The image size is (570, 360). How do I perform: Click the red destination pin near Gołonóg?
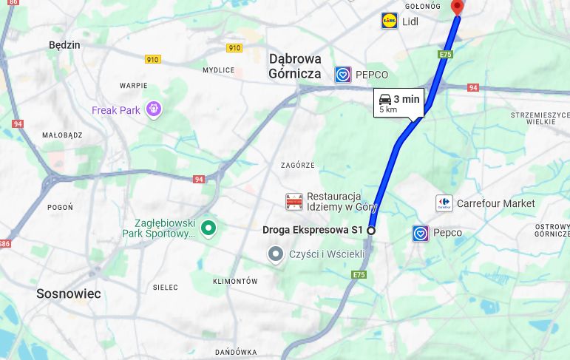coord(458,7)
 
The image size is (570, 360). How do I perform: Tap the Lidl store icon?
coord(390,21)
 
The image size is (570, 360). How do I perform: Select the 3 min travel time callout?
coord(399,103)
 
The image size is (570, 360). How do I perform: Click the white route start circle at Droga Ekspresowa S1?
coord(371,231)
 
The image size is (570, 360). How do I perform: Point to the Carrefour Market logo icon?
coord(444,203)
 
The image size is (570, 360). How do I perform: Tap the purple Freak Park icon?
coord(154,109)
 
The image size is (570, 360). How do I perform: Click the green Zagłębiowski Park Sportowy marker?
coord(208,228)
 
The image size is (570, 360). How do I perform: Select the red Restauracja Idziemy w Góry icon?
coord(294,201)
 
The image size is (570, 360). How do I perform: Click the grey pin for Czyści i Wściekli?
coord(276,255)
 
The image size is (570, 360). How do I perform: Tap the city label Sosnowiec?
coord(68,293)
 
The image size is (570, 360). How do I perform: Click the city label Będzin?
coord(64,45)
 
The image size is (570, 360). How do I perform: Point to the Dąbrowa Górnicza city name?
coord(295,66)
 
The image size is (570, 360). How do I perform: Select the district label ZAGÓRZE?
coord(298,166)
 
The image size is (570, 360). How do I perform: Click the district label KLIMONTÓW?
coord(235,282)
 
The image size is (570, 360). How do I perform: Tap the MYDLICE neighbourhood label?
coord(218,70)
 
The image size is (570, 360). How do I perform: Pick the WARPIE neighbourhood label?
coord(134,86)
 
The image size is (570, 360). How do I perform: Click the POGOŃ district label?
coord(60,208)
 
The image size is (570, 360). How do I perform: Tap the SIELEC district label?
coord(166,287)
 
